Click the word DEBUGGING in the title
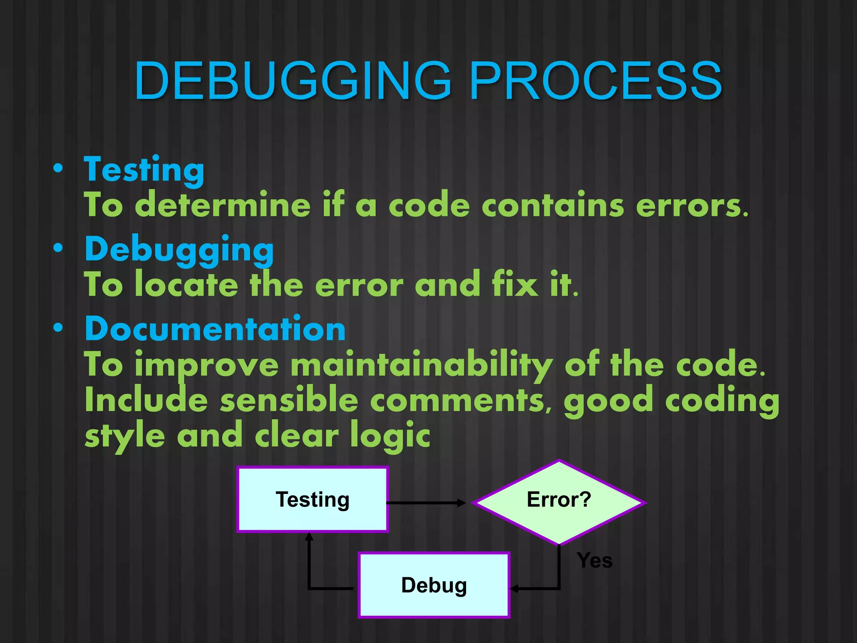293,80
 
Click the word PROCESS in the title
596,80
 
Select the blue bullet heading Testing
144,170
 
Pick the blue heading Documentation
215,329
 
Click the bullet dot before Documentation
58,327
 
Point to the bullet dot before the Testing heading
58,168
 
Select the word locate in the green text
187,285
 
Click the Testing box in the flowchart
313,499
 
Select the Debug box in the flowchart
434,585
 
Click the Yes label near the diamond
594,561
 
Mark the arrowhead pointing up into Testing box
309,536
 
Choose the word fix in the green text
514,285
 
